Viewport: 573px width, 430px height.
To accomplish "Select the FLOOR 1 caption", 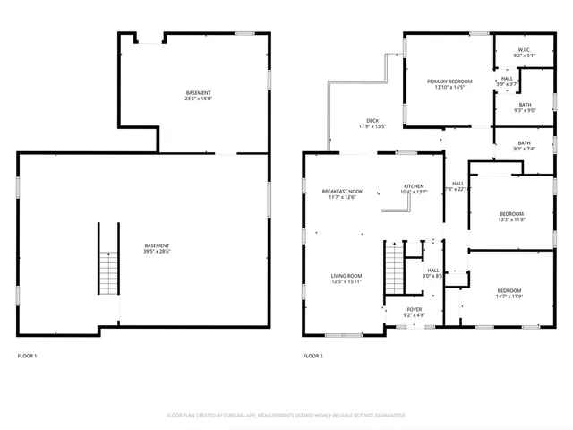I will point(28,357).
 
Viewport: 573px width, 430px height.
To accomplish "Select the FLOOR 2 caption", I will point(312,357).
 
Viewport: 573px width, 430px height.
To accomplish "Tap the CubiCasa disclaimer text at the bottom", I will point(286,416).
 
